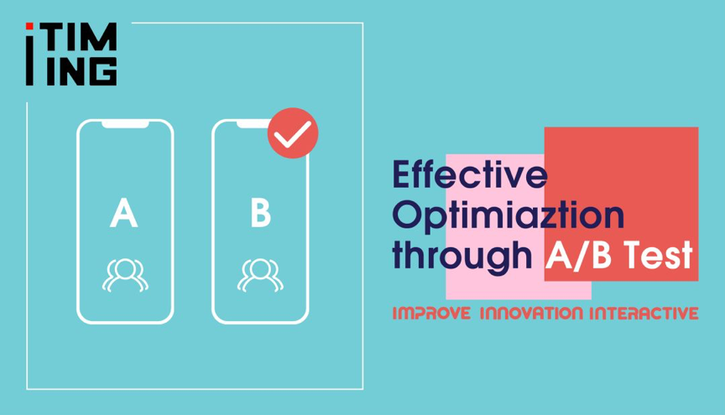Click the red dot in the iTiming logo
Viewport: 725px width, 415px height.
(x=29, y=26)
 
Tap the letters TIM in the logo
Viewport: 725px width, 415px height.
(x=81, y=37)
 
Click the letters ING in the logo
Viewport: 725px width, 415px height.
(x=81, y=71)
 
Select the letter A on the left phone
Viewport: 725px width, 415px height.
(x=124, y=213)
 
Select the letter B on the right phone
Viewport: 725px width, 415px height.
(x=261, y=213)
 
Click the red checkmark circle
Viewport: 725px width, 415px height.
(x=293, y=133)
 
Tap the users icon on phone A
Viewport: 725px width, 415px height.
(x=125, y=276)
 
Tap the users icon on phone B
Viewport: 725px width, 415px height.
(x=260, y=276)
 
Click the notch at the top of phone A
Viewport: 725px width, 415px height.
(x=125, y=125)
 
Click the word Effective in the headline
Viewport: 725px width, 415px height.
(x=470, y=174)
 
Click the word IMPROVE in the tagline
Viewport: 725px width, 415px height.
(x=431, y=314)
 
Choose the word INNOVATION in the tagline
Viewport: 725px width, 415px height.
(x=531, y=314)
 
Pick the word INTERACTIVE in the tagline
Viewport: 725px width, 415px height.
(x=644, y=314)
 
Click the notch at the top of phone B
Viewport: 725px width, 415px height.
(x=254, y=125)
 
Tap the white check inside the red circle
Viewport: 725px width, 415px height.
(x=292, y=134)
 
